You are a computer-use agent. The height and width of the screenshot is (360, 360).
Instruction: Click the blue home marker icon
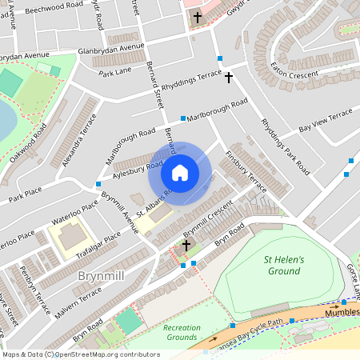point(180,173)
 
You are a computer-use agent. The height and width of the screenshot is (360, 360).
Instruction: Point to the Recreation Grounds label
point(182,333)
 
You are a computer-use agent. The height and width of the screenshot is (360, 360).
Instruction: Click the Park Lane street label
point(114,73)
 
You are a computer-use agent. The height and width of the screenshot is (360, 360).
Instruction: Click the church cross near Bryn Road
point(187,246)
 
